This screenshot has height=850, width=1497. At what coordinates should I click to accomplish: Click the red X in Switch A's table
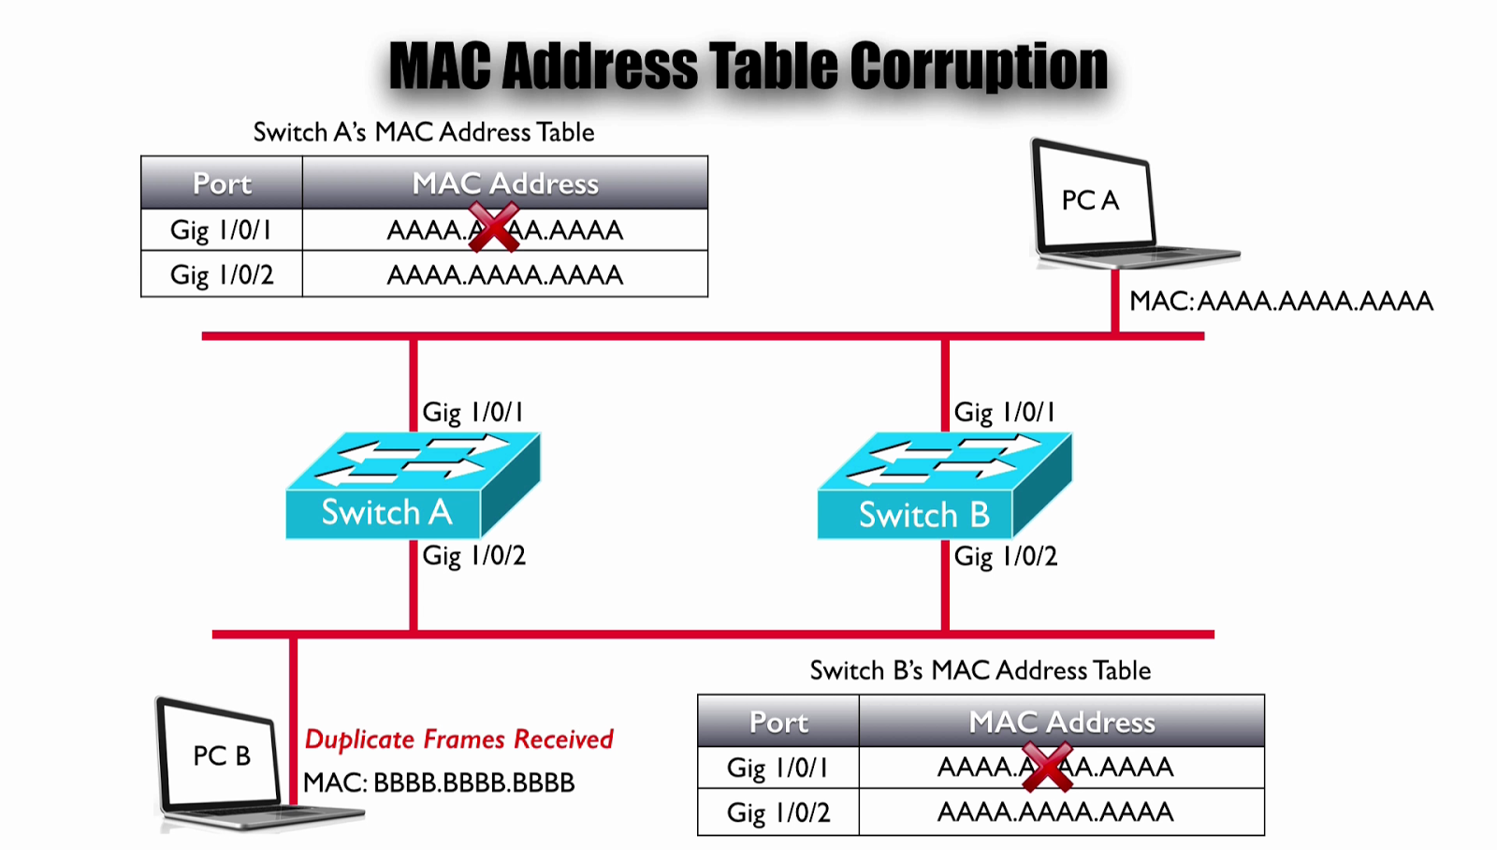pyautogui.click(x=493, y=227)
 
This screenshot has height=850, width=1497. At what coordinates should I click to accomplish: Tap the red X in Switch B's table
pyautogui.click(x=1047, y=766)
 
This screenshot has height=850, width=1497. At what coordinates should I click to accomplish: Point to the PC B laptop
pyautogui.click(x=225, y=763)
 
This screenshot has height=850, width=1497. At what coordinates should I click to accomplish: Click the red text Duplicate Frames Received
pyautogui.click(x=458, y=740)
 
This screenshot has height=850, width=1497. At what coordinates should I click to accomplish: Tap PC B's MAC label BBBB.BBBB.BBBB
pyautogui.click(x=439, y=783)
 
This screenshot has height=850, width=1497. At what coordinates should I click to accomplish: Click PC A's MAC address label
pyautogui.click(x=1281, y=301)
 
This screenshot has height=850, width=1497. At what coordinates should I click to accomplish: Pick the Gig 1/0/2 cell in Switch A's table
pyautogui.click(x=222, y=275)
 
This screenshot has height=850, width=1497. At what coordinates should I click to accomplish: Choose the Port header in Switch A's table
pyautogui.click(x=222, y=183)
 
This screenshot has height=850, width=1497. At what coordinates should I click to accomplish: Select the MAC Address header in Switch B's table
pyautogui.click(x=1062, y=722)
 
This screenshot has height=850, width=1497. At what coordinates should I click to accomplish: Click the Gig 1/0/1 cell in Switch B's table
pyautogui.click(x=778, y=768)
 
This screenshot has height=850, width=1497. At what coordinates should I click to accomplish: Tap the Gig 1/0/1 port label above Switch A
pyautogui.click(x=472, y=412)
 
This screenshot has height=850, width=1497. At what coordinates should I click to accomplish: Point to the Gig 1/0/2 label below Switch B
pyautogui.click(x=1005, y=556)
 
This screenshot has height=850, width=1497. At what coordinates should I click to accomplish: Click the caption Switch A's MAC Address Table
pyautogui.click(x=424, y=132)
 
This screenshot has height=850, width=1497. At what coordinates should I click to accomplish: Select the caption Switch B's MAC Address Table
pyautogui.click(x=980, y=670)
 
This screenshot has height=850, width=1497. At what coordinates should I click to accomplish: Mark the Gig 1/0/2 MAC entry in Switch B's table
pyautogui.click(x=1055, y=812)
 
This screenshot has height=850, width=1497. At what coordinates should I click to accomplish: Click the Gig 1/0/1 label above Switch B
pyautogui.click(x=1004, y=412)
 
